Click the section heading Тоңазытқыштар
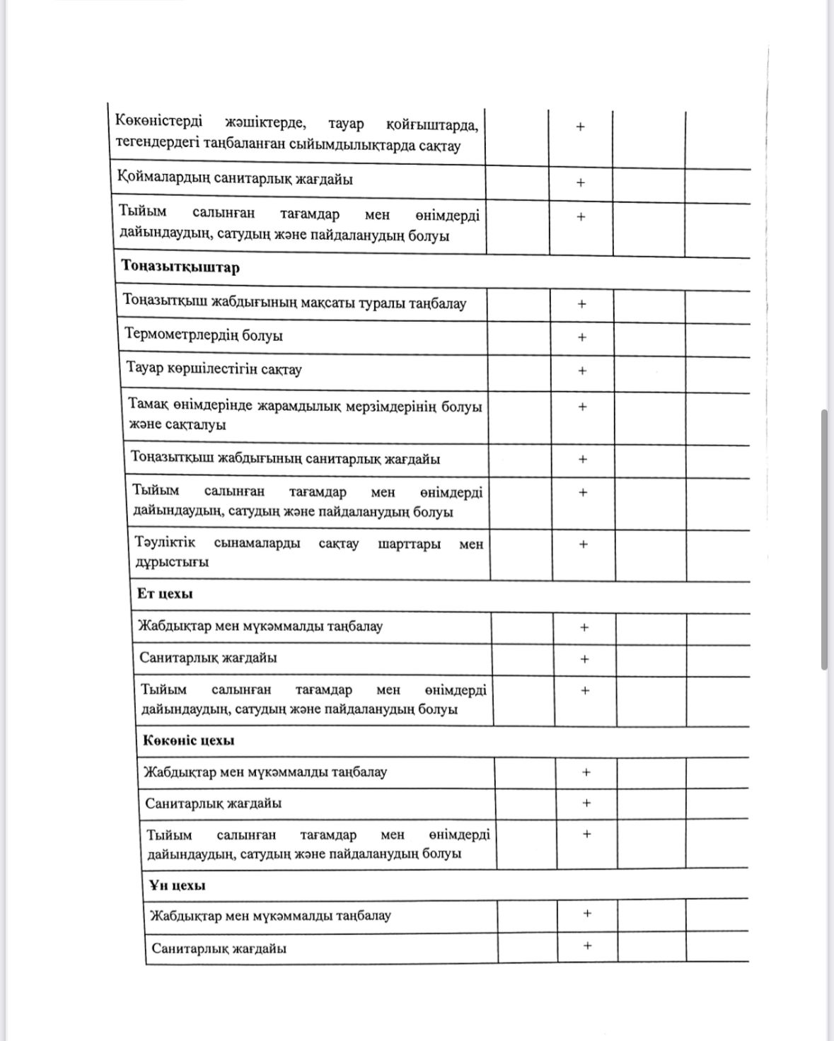point(180,267)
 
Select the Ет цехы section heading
point(165,593)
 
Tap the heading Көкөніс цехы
point(189,740)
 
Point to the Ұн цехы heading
point(178,885)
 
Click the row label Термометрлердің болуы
point(204,335)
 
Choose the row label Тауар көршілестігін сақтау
point(214,368)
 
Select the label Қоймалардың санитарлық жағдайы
point(235,179)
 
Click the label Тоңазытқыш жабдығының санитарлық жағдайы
point(286,458)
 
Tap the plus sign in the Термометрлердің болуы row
point(582,337)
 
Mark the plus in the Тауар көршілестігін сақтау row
point(582,371)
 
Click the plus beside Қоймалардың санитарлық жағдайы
point(581,182)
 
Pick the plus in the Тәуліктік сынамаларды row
point(584,545)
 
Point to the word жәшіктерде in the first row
point(265,123)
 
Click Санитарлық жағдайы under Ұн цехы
point(219,948)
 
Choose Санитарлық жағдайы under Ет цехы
point(208,658)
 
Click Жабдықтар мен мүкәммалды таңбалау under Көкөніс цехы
point(265,772)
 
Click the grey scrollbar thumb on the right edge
point(825,539)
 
